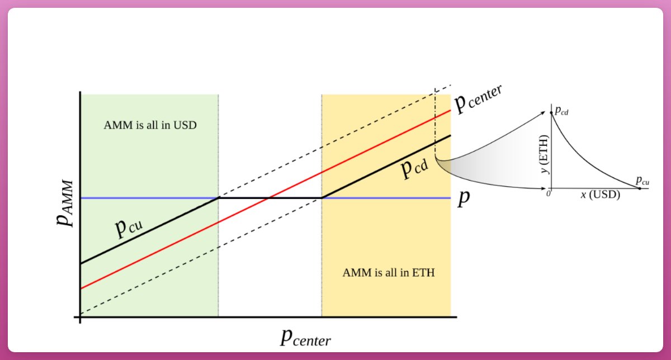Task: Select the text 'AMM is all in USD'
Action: [x=150, y=125]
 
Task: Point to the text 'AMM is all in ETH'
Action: [x=389, y=273]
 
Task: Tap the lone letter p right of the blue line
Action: [x=462, y=199]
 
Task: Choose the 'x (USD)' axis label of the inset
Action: [x=600, y=195]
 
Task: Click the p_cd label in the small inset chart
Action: [x=561, y=112]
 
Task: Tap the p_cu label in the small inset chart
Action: [x=642, y=181]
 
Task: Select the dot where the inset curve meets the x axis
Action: [x=640, y=188]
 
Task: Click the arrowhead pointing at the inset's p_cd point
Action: [x=544, y=113]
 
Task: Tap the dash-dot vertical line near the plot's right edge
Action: [x=436, y=123]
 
